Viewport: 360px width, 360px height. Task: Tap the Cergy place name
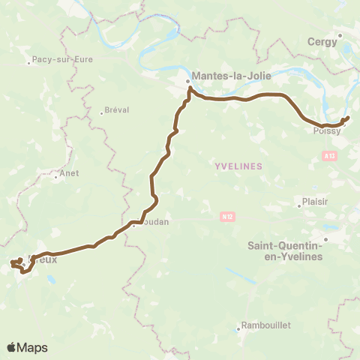322,42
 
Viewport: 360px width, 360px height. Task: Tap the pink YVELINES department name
238,166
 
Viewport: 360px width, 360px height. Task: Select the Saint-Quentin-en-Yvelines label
285,250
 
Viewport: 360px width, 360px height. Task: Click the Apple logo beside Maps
11,347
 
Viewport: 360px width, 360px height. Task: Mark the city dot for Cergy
340,34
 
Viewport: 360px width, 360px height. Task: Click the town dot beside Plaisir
298,202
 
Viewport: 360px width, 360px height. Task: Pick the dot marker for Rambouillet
238,326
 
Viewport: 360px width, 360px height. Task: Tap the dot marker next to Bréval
102,113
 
